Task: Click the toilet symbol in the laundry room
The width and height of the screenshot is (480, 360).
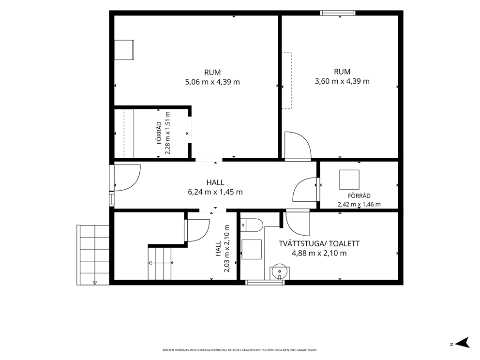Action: coord(252,225)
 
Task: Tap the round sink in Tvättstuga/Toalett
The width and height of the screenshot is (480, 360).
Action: coord(280,271)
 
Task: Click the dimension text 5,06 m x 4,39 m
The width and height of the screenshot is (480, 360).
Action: coord(212,82)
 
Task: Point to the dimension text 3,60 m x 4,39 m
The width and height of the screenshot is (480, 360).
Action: coord(342,81)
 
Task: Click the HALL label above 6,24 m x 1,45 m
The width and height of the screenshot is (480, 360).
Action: coord(215,182)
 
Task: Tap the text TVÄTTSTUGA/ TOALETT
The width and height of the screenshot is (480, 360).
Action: coord(319,244)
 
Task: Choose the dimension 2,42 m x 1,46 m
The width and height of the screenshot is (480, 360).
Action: coord(359,204)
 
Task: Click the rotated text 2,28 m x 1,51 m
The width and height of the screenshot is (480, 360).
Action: coord(168,133)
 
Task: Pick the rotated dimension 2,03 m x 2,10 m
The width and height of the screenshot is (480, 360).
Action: coord(226,249)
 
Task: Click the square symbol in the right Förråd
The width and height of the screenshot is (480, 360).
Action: coord(349,180)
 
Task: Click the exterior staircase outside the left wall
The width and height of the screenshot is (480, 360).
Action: coord(93,255)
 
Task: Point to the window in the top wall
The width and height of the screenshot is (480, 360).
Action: coord(338,13)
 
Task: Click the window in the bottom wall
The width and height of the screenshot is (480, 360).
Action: coord(265,282)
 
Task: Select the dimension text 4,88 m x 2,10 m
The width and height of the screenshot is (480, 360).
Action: coord(319,254)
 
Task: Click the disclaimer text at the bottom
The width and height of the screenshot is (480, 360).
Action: coord(240,350)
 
